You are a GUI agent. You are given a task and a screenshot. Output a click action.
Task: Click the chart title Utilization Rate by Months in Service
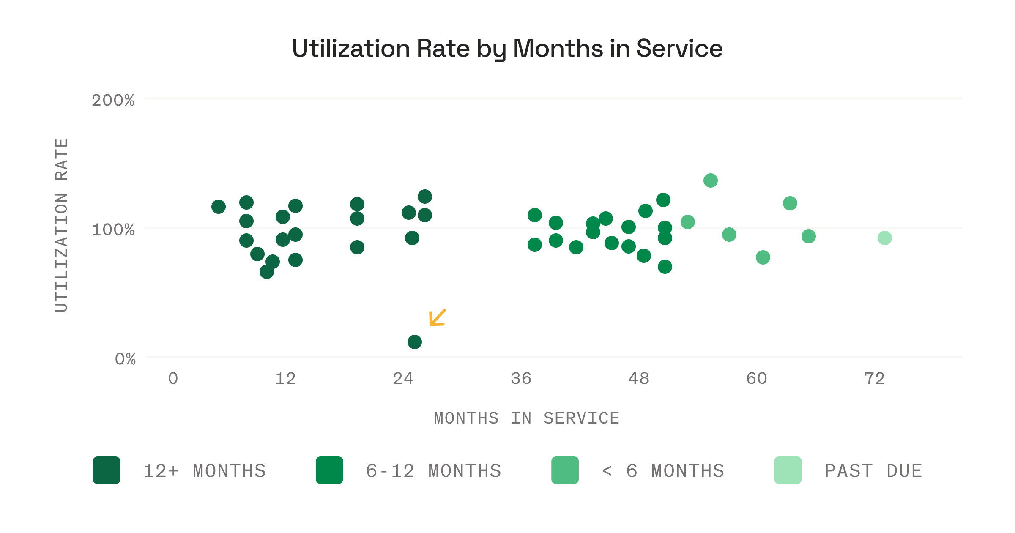click(x=507, y=49)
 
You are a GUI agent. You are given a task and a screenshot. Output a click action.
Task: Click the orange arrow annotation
click(x=437, y=318)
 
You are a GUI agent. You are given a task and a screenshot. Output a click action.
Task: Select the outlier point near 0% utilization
click(x=414, y=342)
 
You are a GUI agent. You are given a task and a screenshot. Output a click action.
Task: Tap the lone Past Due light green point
click(x=884, y=238)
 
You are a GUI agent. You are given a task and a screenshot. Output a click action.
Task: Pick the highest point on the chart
click(x=710, y=180)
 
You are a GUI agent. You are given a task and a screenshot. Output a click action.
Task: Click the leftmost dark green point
click(x=218, y=207)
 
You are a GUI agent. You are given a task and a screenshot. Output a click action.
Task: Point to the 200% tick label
click(x=113, y=101)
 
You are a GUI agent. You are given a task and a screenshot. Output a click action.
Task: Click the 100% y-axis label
click(x=113, y=230)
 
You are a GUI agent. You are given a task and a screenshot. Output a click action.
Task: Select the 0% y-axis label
click(x=125, y=359)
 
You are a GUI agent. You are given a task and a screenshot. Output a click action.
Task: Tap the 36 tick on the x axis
click(x=520, y=379)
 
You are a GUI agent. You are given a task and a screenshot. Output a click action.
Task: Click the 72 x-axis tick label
click(x=874, y=379)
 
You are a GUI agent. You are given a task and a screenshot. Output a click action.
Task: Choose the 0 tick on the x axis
click(x=173, y=379)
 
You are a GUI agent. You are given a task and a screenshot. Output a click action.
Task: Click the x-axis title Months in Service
click(x=526, y=418)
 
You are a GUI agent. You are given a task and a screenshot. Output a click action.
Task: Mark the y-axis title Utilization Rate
click(x=61, y=225)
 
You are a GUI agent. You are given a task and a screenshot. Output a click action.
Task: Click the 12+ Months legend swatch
click(x=107, y=470)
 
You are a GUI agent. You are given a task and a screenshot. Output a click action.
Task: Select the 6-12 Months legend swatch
click(x=329, y=470)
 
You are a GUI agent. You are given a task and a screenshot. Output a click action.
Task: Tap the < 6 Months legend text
click(x=662, y=471)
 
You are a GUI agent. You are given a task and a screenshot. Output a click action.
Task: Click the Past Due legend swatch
click(x=788, y=470)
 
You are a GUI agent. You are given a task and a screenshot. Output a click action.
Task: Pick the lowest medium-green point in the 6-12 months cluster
click(x=665, y=267)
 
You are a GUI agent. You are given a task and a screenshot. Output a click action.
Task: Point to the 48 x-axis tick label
click(x=638, y=379)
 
